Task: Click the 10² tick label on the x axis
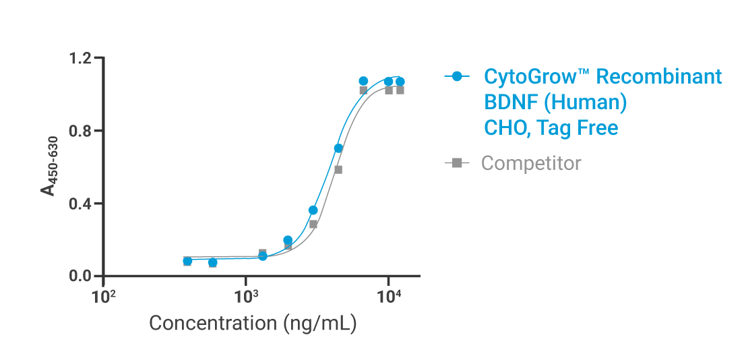pyautogui.click(x=103, y=297)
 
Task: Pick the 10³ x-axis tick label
pyautogui.click(x=246, y=297)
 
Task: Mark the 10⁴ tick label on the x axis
pyautogui.click(x=389, y=297)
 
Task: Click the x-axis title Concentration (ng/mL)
pyautogui.click(x=252, y=323)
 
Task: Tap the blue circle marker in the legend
pyautogui.click(x=458, y=76)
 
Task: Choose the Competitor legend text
pyautogui.click(x=530, y=163)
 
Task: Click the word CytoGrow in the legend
pyautogui.click(x=530, y=77)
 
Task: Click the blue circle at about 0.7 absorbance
pyautogui.click(x=338, y=148)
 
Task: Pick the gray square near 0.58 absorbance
pyautogui.click(x=338, y=170)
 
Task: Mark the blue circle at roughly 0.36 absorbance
pyautogui.click(x=313, y=210)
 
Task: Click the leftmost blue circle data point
pyautogui.click(x=187, y=261)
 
